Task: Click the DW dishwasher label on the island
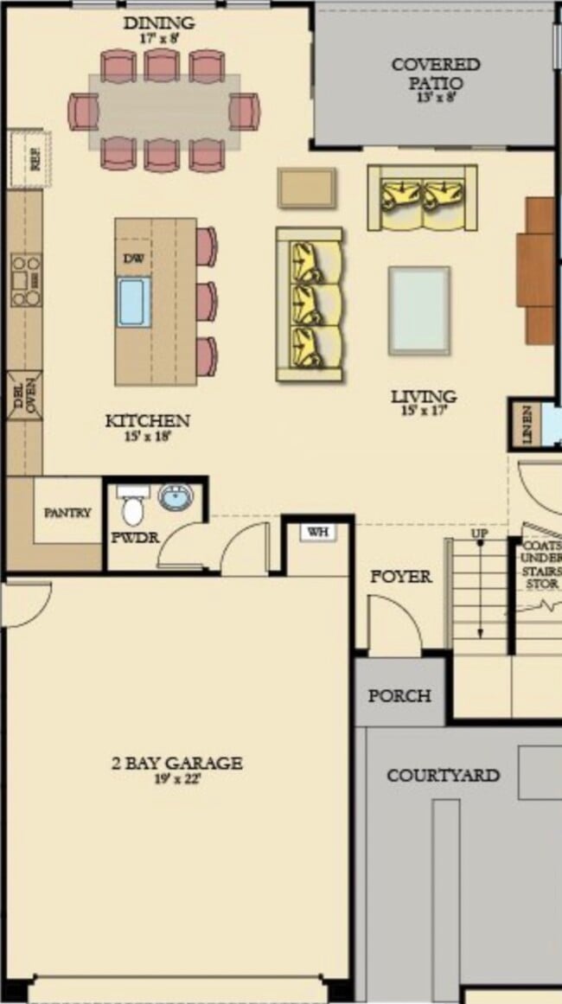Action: click(x=133, y=259)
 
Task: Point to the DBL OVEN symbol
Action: click(x=23, y=396)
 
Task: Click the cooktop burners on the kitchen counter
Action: click(x=25, y=280)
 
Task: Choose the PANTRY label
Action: click(x=67, y=513)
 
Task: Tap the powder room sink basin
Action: click(x=176, y=497)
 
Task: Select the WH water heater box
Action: click(x=318, y=532)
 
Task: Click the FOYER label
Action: click(x=401, y=577)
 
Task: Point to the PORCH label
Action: click(x=399, y=695)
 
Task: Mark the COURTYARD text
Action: click(x=443, y=775)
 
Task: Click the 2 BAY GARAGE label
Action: click(x=176, y=764)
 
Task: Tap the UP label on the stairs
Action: click(x=479, y=534)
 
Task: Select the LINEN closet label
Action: click(x=527, y=425)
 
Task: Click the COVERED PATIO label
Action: click(x=435, y=74)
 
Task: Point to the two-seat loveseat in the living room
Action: click(x=423, y=197)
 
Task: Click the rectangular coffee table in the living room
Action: click(x=419, y=310)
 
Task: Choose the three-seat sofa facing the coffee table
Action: click(x=310, y=304)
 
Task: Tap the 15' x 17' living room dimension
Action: click(x=423, y=412)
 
